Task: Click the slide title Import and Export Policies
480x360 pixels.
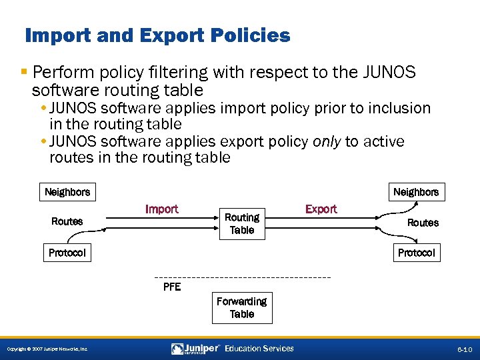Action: [157, 35]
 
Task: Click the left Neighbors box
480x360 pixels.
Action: [67, 192]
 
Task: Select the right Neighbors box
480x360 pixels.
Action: [416, 192]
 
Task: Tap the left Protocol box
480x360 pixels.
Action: [67, 253]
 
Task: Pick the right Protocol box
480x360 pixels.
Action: [416, 253]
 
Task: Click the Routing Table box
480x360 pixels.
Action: [242, 223]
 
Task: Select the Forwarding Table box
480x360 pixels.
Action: [242, 307]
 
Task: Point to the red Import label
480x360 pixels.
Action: [162, 209]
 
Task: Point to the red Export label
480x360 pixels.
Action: [321, 209]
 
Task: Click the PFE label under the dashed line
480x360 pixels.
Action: [172, 287]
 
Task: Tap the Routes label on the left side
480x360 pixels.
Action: [67, 221]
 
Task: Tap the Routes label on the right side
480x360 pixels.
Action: [423, 223]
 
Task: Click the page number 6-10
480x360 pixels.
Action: [465, 349]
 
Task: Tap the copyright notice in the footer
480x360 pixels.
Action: [46, 349]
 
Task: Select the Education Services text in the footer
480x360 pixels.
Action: [259, 349]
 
